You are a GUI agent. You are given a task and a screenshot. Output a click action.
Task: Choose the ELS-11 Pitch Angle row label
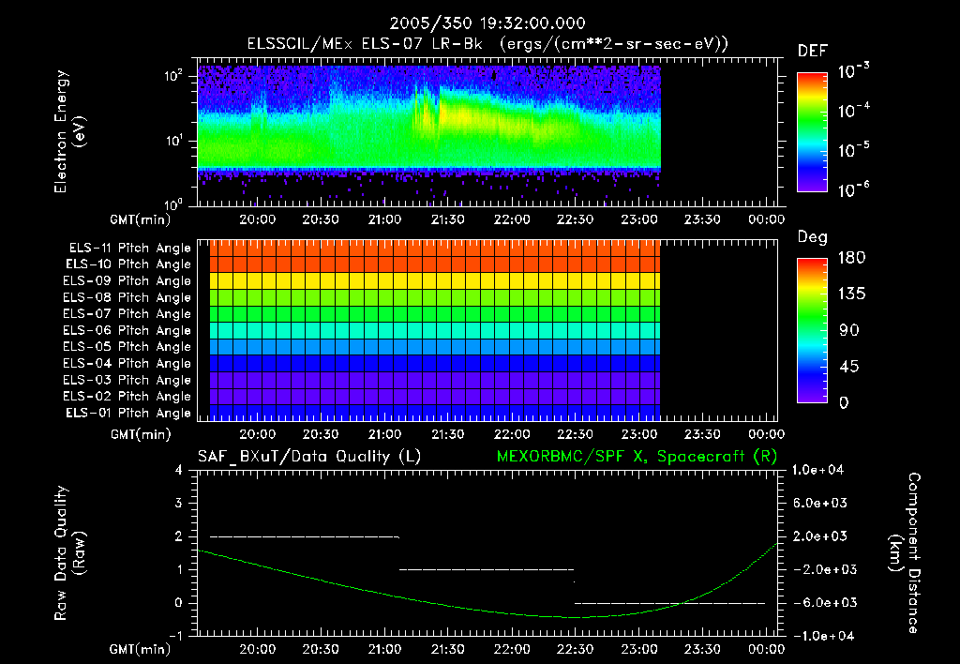tap(129, 249)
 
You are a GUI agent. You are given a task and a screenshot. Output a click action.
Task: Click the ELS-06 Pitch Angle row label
tap(129, 331)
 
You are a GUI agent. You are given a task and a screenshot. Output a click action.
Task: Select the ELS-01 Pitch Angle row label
tap(129, 414)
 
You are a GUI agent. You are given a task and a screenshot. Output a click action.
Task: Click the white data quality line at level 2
tap(305, 536)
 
